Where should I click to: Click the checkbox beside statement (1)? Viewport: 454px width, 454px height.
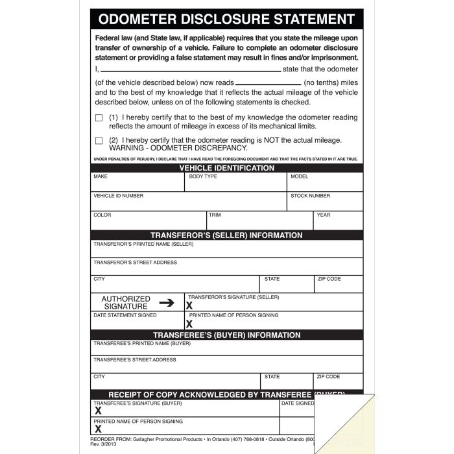click(x=99, y=118)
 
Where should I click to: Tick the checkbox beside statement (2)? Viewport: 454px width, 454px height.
click(x=99, y=140)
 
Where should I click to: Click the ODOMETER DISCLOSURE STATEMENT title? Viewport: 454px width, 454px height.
click(x=226, y=19)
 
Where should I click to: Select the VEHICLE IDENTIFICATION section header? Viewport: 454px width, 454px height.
click(x=226, y=168)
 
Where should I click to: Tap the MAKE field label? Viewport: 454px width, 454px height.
click(x=101, y=176)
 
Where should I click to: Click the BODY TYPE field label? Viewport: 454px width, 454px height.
click(x=203, y=176)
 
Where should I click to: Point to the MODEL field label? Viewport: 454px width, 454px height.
click(x=299, y=176)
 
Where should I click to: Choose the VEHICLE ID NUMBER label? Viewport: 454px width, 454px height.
click(x=119, y=196)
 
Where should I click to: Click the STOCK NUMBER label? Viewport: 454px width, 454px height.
click(x=310, y=196)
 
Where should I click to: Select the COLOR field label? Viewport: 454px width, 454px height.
click(x=102, y=215)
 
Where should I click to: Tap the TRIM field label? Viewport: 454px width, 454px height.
click(x=215, y=215)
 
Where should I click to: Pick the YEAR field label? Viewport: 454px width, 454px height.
click(x=324, y=215)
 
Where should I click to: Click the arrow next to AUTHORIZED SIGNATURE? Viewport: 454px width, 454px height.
click(x=167, y=302)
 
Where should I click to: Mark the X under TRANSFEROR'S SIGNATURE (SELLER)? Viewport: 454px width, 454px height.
click(x=189, y=305)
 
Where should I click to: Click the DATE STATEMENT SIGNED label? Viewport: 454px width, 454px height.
click(x=125, y=315)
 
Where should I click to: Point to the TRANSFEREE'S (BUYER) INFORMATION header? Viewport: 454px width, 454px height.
click(x=226, y=335)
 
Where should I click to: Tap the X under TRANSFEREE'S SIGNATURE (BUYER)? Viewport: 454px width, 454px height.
click(x=98, y=411)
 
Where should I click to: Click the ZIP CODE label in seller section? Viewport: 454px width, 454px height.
click(x=329, y=279)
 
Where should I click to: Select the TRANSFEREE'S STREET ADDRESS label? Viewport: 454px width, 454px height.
click(x=135, y=360)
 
